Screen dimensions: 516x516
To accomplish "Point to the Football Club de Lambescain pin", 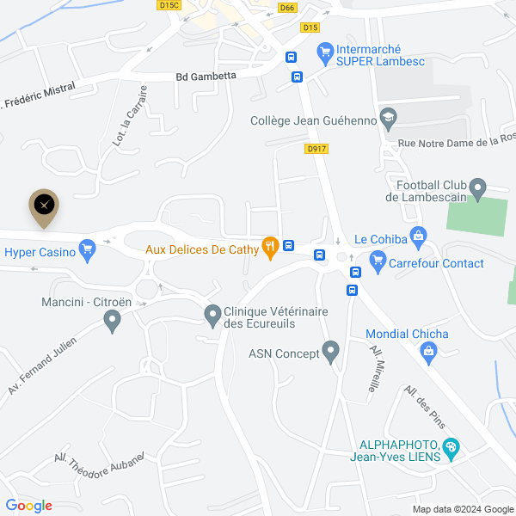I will point(479,187).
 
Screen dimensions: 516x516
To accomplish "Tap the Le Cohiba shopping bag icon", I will point(418,235).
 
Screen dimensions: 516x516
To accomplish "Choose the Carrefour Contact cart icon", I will point(377,259).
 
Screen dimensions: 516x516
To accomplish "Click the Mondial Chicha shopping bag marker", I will point(428,349).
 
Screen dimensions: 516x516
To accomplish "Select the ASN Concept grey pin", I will point(331,351).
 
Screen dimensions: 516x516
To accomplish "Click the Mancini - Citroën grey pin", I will point(111,321).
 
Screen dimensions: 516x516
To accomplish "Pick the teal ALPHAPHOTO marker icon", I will point(451,447).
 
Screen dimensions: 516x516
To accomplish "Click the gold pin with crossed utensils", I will point(45,205).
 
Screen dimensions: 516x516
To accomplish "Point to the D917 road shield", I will point(316,149).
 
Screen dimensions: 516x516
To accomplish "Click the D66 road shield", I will point(287,8).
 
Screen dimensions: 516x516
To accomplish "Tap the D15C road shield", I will point(169,5).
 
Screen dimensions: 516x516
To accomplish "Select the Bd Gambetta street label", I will point(206,76).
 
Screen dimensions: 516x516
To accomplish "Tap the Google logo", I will point(28,506).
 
